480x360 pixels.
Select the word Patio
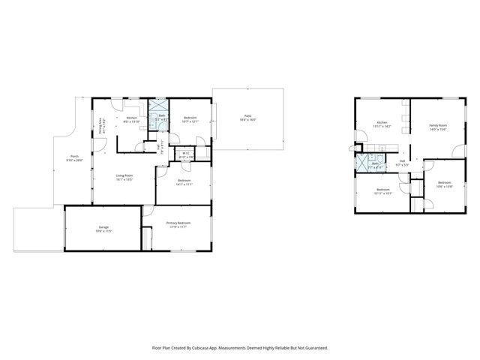pyautogui.click(x=247, y=115)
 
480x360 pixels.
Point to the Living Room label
pyautogui.click(x=124, y=175)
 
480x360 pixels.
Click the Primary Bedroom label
pyautogui.click(x=178, y=223)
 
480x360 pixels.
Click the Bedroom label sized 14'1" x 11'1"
pyautogui.click(x=184, y=180)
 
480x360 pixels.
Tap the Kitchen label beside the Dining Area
pyautogui.click(x=132, y=118)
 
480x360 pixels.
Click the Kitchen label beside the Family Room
pyautogui.click(x=382, y=121)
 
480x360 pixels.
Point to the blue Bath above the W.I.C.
pyautogui.click(x=161, y=115)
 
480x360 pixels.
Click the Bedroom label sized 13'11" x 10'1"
pyautogui.click(x=382, y=189)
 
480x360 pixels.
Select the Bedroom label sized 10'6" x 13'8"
pyautogui.click(x=443, y=182)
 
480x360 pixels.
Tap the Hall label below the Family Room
pyautogui.click(x=403, y=160)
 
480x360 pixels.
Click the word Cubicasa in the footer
pyautogui.click(x=200, y=347)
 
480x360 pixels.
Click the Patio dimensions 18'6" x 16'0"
pyautogui.click(x=247, y=120)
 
